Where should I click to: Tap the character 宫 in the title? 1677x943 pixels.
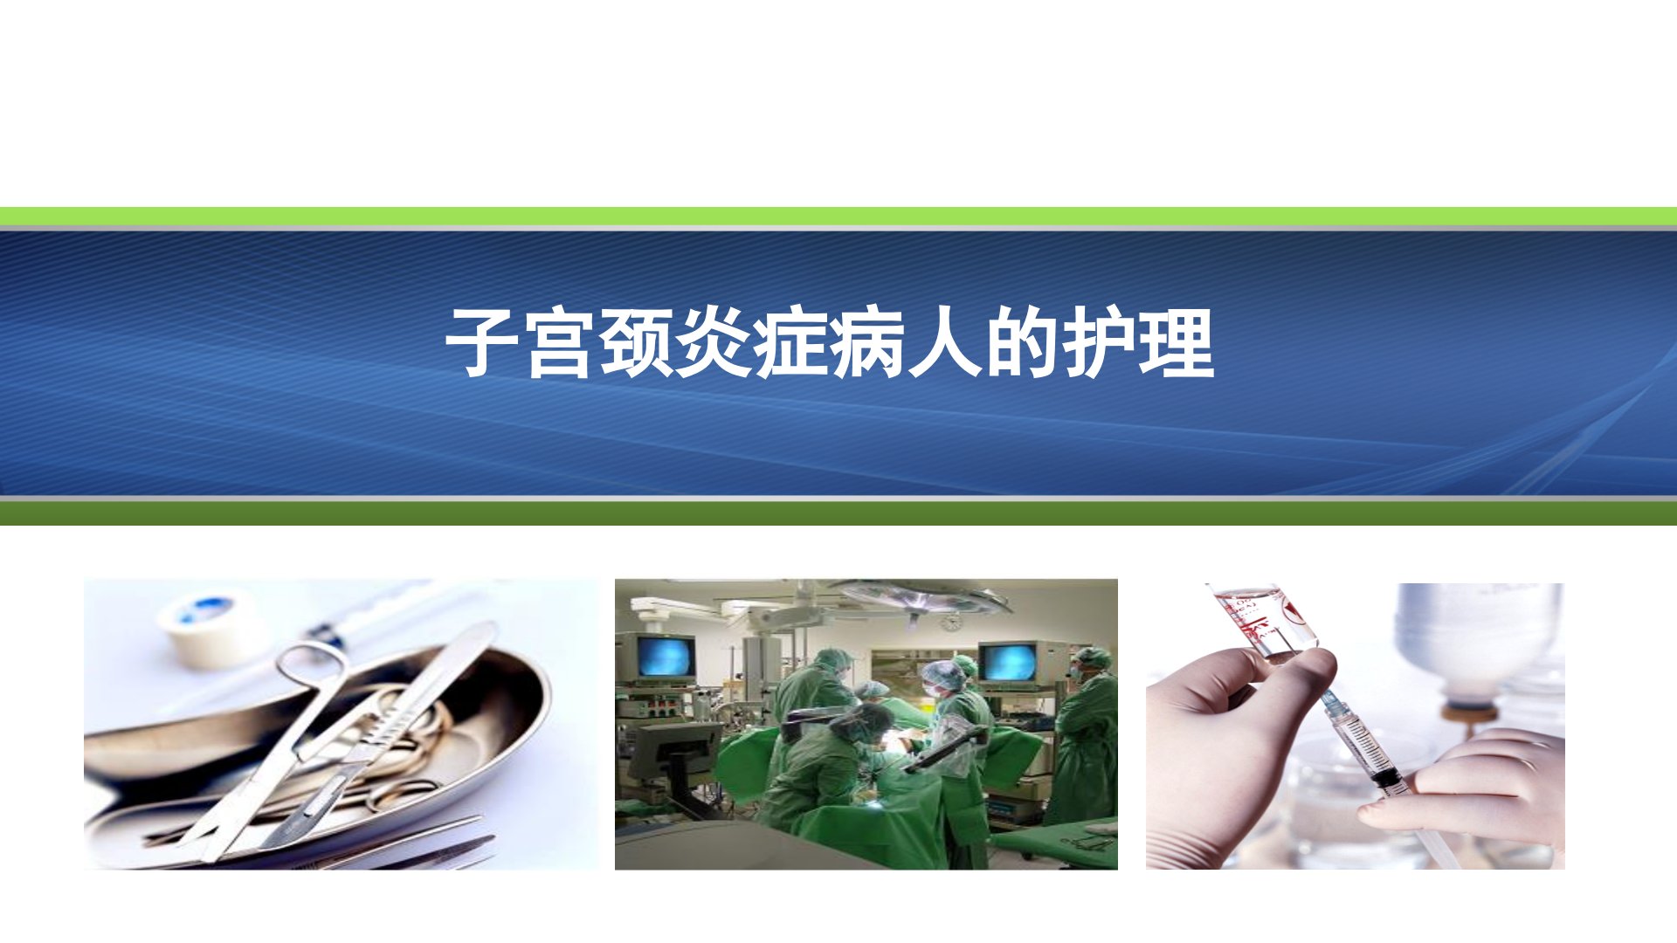tap(560, 342)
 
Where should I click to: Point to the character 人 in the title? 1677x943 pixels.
tap(944, 342)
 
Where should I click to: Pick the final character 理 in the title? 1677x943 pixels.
tap(1176, 342)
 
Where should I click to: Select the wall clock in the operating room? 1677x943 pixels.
tap(949, 623)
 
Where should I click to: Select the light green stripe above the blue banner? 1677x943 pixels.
tap(838, 217)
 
